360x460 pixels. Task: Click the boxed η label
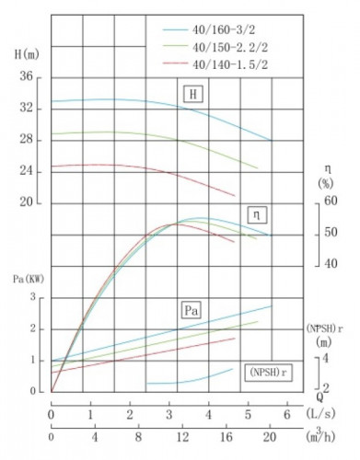click(257, 214)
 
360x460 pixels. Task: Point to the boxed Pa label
click(192, 308)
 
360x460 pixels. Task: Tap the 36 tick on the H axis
click(28, 77)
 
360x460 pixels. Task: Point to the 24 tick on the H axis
click(28, 171)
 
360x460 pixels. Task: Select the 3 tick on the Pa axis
click(33, 297)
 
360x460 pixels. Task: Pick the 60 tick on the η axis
click(330, 201)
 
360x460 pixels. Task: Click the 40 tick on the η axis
click(330, 263)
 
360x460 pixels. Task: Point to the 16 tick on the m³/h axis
click(226, 435)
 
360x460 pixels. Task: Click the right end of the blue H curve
click(271, 141)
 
